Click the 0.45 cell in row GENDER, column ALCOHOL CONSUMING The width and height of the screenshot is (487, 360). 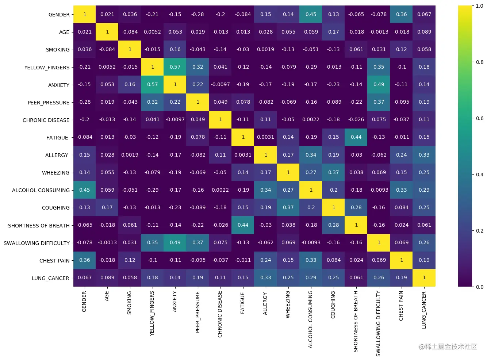[311, 14]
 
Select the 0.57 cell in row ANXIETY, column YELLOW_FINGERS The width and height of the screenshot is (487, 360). [153, 84]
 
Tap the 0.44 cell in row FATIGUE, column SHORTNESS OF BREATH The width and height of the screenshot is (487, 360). [356, 137]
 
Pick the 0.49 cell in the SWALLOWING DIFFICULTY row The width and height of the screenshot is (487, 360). [175, 242]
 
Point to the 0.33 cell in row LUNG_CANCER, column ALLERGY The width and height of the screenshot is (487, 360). [266, 277]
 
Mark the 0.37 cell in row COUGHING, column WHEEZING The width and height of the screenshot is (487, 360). [288, 207]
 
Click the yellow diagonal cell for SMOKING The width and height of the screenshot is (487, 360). [130, 49]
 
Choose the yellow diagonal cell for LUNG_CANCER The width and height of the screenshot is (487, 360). [424, 277]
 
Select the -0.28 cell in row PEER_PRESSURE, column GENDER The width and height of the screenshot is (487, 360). [85, 102]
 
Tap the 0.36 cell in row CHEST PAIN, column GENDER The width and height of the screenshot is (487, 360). [85, 260]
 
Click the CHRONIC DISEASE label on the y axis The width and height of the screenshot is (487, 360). [46, 120]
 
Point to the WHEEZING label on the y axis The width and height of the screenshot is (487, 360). [55, 173]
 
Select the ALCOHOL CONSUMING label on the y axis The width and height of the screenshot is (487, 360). [41, 190]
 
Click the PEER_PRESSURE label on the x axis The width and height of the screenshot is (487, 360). [198, 311]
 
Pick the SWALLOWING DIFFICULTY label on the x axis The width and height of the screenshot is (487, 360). [379, 323]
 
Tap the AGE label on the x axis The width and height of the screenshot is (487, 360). [107, 296]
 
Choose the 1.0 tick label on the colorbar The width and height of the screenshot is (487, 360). [480, 6]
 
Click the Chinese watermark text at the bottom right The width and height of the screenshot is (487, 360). [448, 347]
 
